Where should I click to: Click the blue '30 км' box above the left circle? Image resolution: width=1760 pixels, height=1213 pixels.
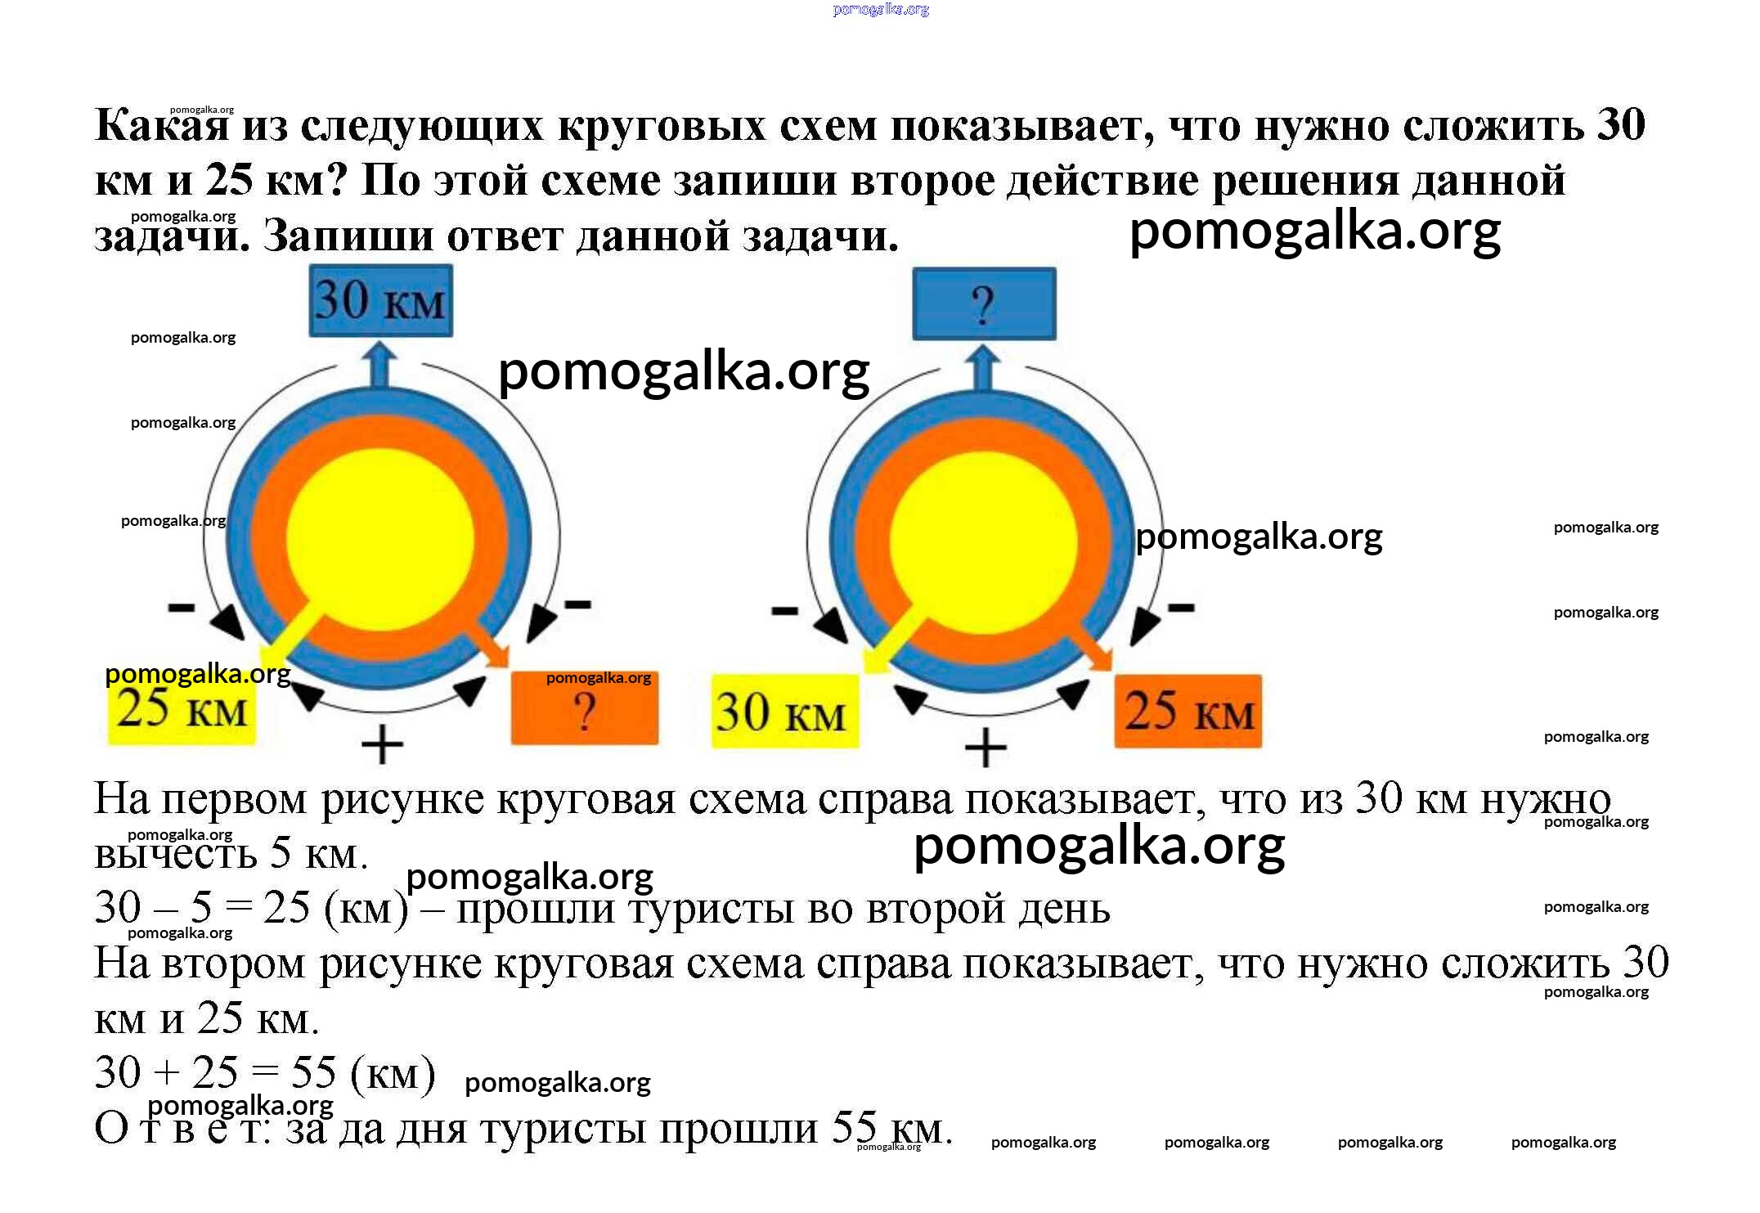(x=380, y=300)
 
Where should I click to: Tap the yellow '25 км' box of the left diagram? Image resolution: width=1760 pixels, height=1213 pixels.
(x=182, y=708)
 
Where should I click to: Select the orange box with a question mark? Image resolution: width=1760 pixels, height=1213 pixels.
(x=584, y=709)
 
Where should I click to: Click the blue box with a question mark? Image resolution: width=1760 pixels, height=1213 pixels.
(x=984, y=303)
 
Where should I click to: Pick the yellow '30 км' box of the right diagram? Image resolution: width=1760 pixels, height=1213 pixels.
(x=784, y=711)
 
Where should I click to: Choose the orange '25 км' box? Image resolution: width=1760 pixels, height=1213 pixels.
(x=1188, y=711)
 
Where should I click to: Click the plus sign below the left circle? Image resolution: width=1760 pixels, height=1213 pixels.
(x=382, y=745)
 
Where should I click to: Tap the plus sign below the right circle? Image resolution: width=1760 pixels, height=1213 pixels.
(x=986, y=748)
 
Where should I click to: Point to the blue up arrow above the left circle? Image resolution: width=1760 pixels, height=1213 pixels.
(x=379, y=365)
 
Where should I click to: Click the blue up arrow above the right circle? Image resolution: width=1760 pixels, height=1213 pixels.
(x=983, y=367)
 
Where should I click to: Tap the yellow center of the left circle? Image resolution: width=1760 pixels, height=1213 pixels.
(x=380, y=540)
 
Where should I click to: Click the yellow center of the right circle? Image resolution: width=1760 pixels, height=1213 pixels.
(x=984, y=541)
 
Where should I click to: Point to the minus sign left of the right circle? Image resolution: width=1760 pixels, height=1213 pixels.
(x=784, y=610)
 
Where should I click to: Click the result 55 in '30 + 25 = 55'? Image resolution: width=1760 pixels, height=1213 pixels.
(x=313, y=1072)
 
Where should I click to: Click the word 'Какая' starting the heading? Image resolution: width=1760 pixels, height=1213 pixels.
(x=161, y=126)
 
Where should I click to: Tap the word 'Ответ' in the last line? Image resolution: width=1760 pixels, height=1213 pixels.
(x=182, y=1129)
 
